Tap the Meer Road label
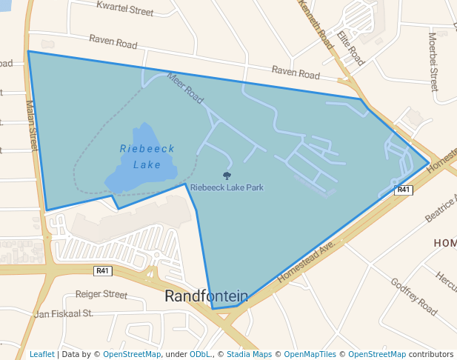(x=184, y=87)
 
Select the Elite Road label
(x=350, y=47)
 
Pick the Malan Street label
(x=32, y=126)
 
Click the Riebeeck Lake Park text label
(x=227, y=187)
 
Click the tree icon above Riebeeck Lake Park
(x=227, y=176)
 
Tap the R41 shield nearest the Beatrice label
(x=403, y=190)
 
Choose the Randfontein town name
(x=206, y=296)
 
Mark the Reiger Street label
(x=101, y=294)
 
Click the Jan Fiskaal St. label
(x=63, y=313)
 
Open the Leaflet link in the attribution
(x=41, y=354)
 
